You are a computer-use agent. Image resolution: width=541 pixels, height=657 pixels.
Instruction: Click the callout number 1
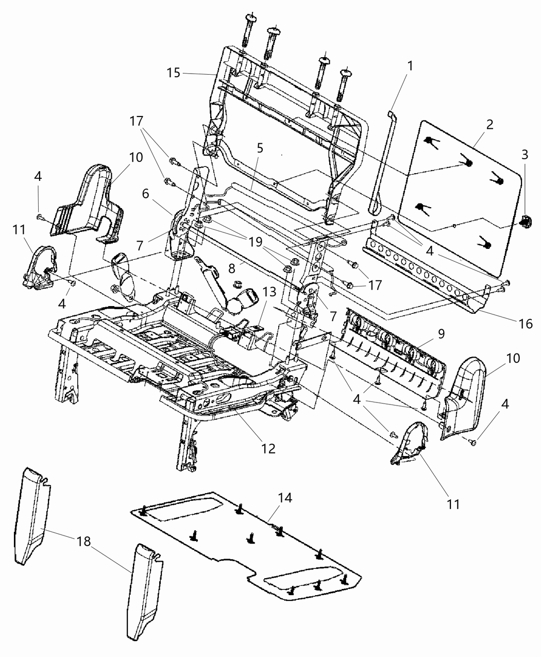[410, 66]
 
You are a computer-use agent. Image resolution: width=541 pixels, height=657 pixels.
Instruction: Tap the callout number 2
[490, 124]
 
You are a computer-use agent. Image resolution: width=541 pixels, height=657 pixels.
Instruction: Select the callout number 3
[525, 154]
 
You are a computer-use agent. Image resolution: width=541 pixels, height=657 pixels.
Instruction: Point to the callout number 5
[260, 148]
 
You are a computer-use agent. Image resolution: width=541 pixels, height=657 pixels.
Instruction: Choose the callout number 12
[268, 448]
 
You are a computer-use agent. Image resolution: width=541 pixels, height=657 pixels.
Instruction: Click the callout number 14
[285, 498]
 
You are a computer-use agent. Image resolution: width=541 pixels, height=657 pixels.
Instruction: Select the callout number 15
[174, 73]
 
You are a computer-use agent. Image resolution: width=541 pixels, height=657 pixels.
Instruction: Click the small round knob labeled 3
[525, 222]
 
